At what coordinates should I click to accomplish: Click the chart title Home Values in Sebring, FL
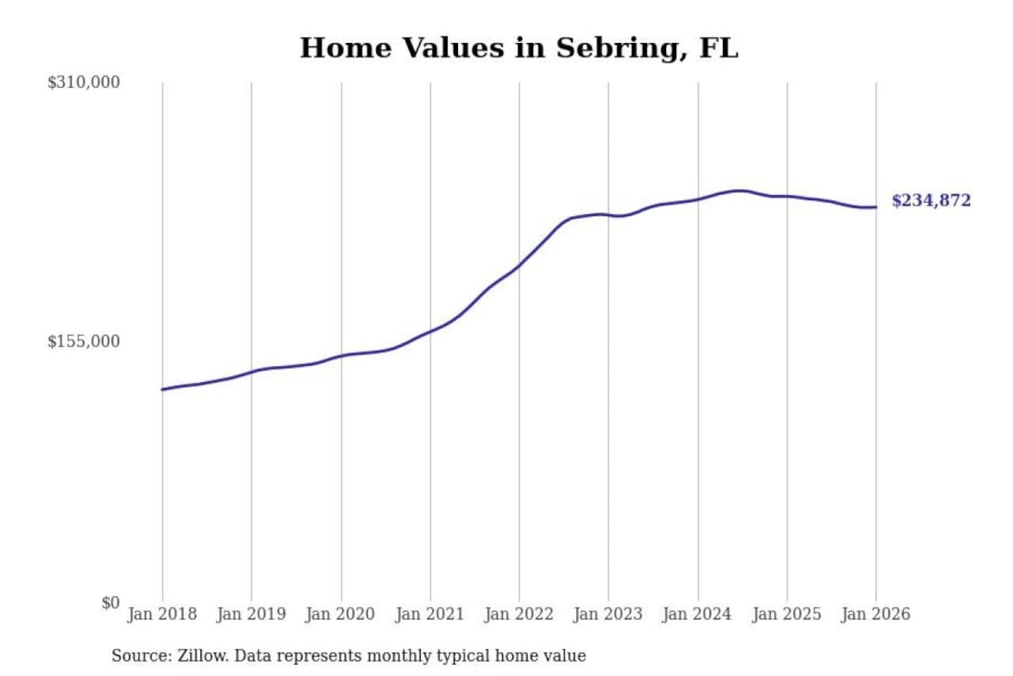pyautogui.click(x=519, y=48)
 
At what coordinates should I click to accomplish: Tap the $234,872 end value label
pyautogui.click(x=931, y=201)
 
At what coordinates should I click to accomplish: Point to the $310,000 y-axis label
pyautogui.click(x=84, y=82)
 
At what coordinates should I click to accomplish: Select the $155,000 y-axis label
pyautogui.click(x=84, y=342)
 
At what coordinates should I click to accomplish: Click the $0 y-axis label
pyautogui.click(x=110, y=603)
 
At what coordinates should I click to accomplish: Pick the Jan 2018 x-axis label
pyautogui.click(x=163, y=614)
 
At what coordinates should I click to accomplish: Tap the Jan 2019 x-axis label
pyautogui.click(x=251, y=614)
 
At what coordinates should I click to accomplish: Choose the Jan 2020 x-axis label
pyautogui.click(x=340, y=614)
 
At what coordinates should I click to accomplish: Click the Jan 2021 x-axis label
pyautogui.click(x=430, y=614)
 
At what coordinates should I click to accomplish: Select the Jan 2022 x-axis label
pyautogui.click(x=519, y=614)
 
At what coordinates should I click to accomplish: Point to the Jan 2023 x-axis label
pyautogui.click(x=609, y=614)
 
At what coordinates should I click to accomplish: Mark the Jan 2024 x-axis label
pyautogui.click(x=697, y=614)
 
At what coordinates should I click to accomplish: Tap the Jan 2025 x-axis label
pyautogui.click(x=786, y=614)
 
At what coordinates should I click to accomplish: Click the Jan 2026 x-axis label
pyautogui.click(x=876, y=614)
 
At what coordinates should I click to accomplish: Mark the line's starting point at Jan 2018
pyautogui.click(x=163, y=389)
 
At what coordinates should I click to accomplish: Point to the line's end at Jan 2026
pyautogui.click(x=876, y=207)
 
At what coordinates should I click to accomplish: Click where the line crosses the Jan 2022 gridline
pyautogui.click(x=520, y=265)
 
